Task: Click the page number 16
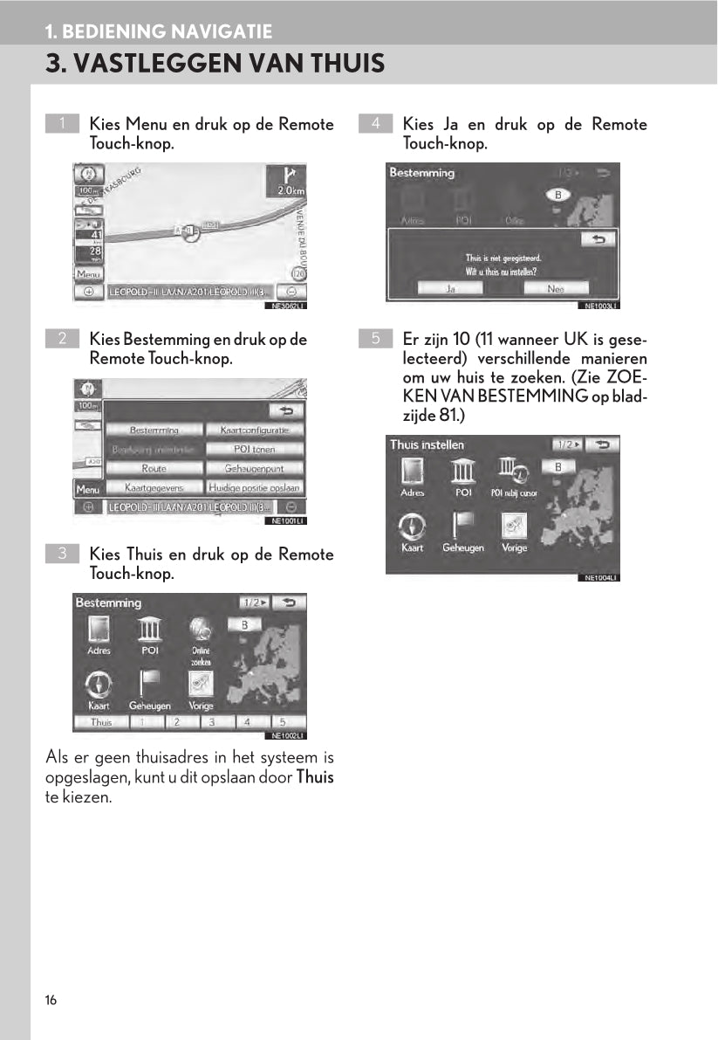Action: (51, 1000)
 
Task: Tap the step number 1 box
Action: (62, 124)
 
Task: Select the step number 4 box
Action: (375, 124)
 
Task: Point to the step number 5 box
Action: (375, 338)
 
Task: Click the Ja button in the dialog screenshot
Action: (450, 288)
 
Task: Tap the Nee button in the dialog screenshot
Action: (556, 288)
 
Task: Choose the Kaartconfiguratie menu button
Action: (255, 430)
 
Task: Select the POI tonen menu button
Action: (255, 449)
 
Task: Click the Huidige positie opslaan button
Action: (255, 487)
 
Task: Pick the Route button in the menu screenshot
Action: (154, 468)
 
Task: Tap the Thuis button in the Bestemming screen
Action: (101, 722)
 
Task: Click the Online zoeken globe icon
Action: (202, 630)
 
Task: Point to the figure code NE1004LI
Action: (600, 578)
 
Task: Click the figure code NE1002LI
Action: (287, 735)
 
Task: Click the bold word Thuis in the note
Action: (314, 777)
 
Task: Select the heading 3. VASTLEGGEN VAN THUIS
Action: (215, 64)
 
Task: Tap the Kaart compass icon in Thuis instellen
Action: (412, 526)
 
